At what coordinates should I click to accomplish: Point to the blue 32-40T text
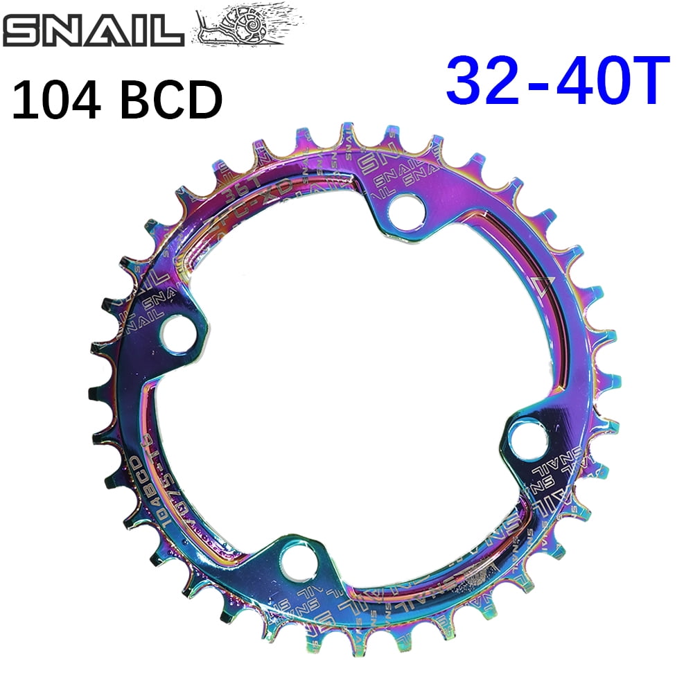tap(558, 81)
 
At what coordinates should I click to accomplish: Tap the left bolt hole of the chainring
tap(176, 331)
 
